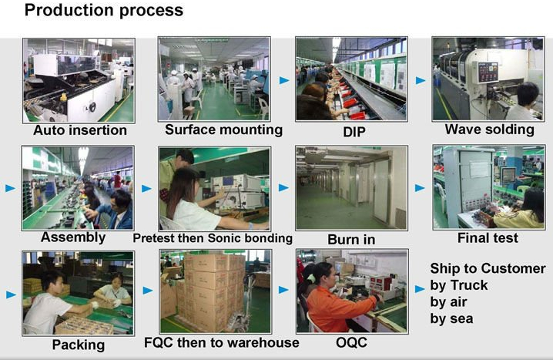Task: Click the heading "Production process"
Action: pos(104,10)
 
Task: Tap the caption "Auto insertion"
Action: pos(80,130)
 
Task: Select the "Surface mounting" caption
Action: pos(223,130)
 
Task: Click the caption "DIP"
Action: pos(354,132)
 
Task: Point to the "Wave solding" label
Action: pos(489,130)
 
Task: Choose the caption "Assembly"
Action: pos(73,237)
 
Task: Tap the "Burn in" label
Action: pos(351,240)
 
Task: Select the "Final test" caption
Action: pos(488,238)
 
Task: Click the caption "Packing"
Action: pos(79,345)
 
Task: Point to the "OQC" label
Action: pos(351,342)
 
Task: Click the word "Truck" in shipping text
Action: pos(469,285)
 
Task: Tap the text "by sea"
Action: pos(451,318)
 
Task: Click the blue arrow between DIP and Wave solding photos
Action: pos(421,80)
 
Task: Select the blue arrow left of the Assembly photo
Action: pos(11,188)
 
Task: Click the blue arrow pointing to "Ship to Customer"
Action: pos(420,289)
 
